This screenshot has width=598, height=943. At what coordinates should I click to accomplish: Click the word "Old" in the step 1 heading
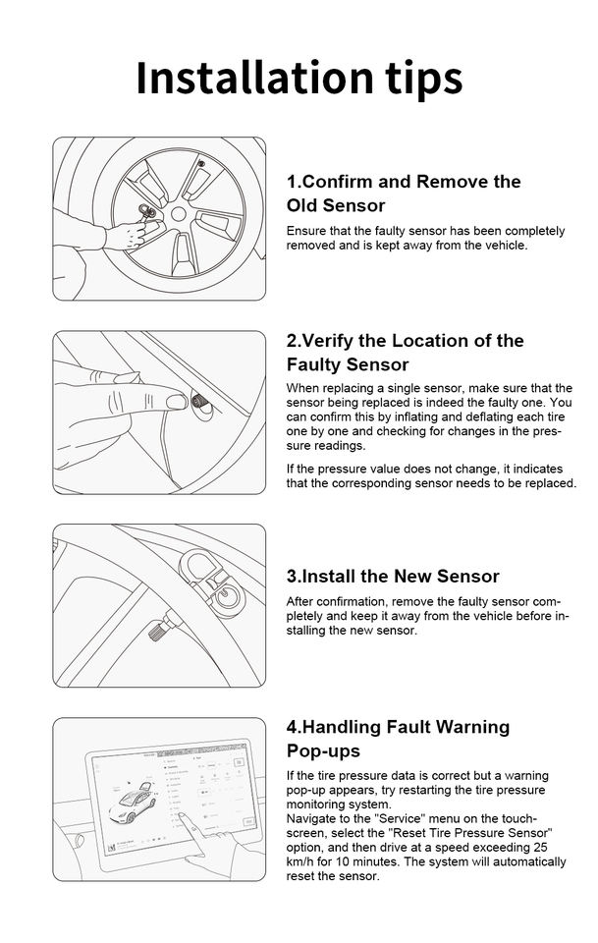point(302,206)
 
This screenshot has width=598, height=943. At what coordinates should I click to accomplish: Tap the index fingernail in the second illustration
point(174,401)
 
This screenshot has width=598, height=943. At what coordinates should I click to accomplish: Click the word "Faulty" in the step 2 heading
point(317,365)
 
